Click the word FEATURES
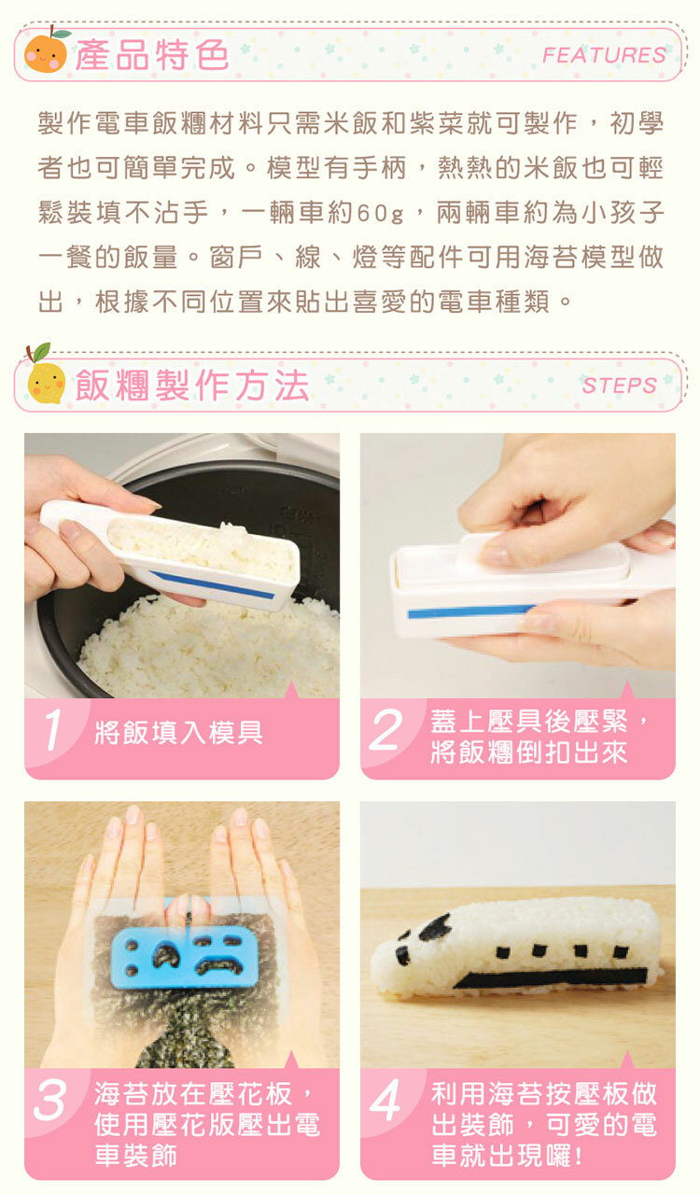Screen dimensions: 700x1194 click(x=604, y=55)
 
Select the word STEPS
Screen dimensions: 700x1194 click(x=620, y=385)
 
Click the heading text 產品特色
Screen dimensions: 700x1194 click(x=152, y=54)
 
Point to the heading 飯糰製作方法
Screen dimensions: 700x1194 click(x=192, y=385)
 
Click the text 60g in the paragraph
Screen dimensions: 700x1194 click(x=381, y=214)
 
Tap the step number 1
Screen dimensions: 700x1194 click(x=53, y=730)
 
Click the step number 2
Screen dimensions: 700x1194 click(x=385, y=730)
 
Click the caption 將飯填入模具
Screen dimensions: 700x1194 click(x=179, y=733)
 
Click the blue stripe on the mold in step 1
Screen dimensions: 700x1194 click(x=212, y=584)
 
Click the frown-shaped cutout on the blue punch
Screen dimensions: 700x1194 click(x=219, y=964)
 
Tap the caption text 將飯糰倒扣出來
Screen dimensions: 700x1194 click(x=528, y=752)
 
